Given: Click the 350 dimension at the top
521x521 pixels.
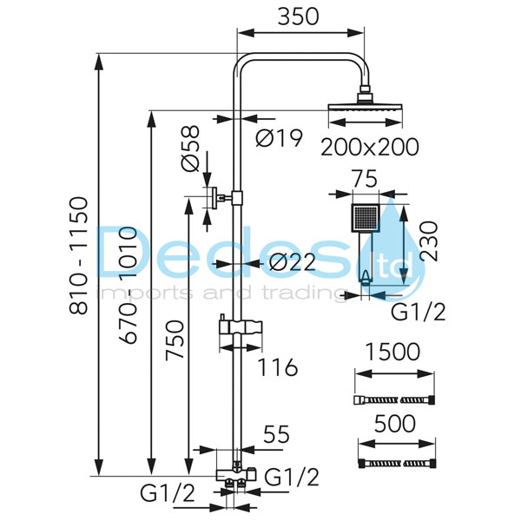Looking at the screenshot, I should tap(300, 16).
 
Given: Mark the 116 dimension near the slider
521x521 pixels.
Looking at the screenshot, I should tap(277, 367).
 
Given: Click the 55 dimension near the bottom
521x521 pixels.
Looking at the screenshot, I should tap(276, 435).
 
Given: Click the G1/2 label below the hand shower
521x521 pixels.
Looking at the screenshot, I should tap(419, 312).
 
